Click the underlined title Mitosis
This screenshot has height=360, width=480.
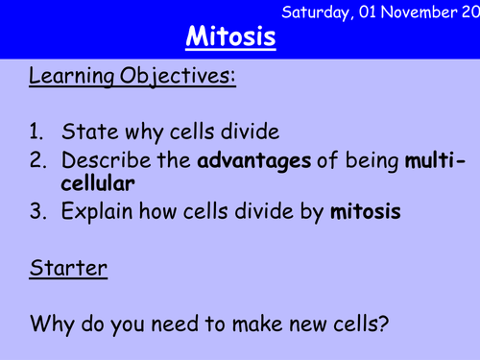pyautogui.click(x=230, y=38)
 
